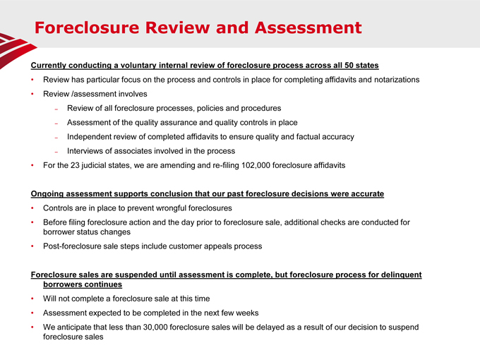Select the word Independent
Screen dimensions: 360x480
tap(93, 136)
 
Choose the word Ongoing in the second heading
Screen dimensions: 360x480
tap(50, 193)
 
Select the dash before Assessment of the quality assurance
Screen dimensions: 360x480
tap(56, 123)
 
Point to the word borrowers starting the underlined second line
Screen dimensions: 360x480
tap(65, 284)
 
